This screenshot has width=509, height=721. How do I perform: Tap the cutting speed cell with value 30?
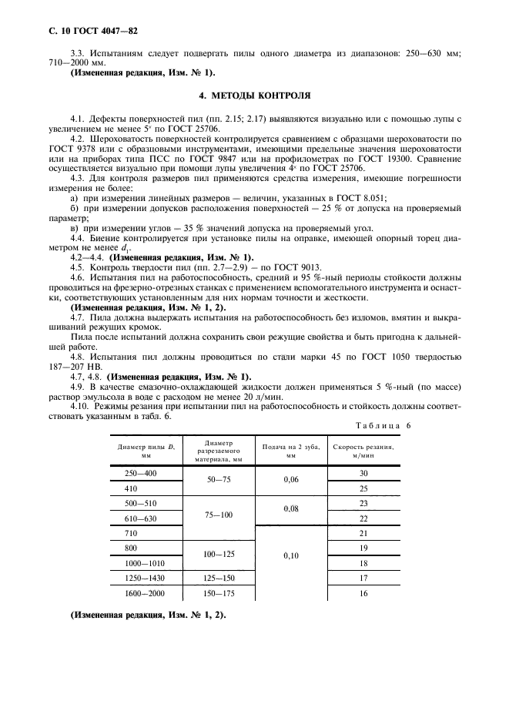coord(363,473)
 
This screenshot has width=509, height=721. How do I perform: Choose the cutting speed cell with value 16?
coord(363,594)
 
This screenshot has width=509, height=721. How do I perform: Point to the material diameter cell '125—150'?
coord(218,578)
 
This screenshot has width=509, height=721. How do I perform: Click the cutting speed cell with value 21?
coord(363,533)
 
